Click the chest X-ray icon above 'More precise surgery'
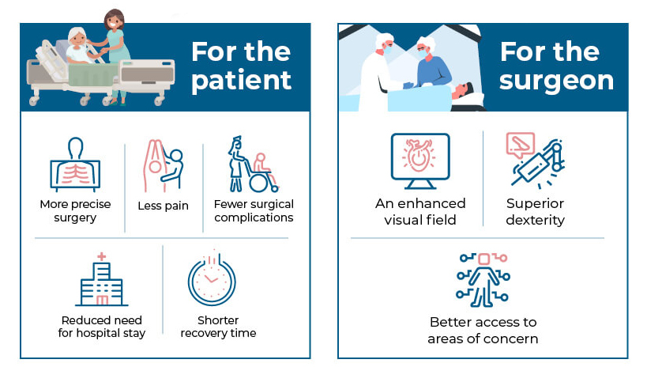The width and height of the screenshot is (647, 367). [75, 165]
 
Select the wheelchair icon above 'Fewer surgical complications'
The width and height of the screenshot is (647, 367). [253, 165]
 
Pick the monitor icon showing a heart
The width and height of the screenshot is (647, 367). [419, 159]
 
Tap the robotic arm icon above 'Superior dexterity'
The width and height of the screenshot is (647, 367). [535, 160]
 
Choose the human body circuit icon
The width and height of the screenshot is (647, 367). [483, 279]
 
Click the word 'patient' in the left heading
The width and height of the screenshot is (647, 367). [241, 81]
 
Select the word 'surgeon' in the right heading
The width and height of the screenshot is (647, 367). [556, 81]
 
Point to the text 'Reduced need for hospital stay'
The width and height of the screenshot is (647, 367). [103, 327]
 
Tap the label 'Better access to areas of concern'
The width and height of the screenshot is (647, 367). [483, 331]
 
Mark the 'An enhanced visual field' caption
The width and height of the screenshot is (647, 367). [420, 212]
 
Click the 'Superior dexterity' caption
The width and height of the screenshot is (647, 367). [536, 212]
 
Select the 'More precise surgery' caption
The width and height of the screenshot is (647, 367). [75, 211]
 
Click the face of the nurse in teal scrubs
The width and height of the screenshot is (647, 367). [115, 20]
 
